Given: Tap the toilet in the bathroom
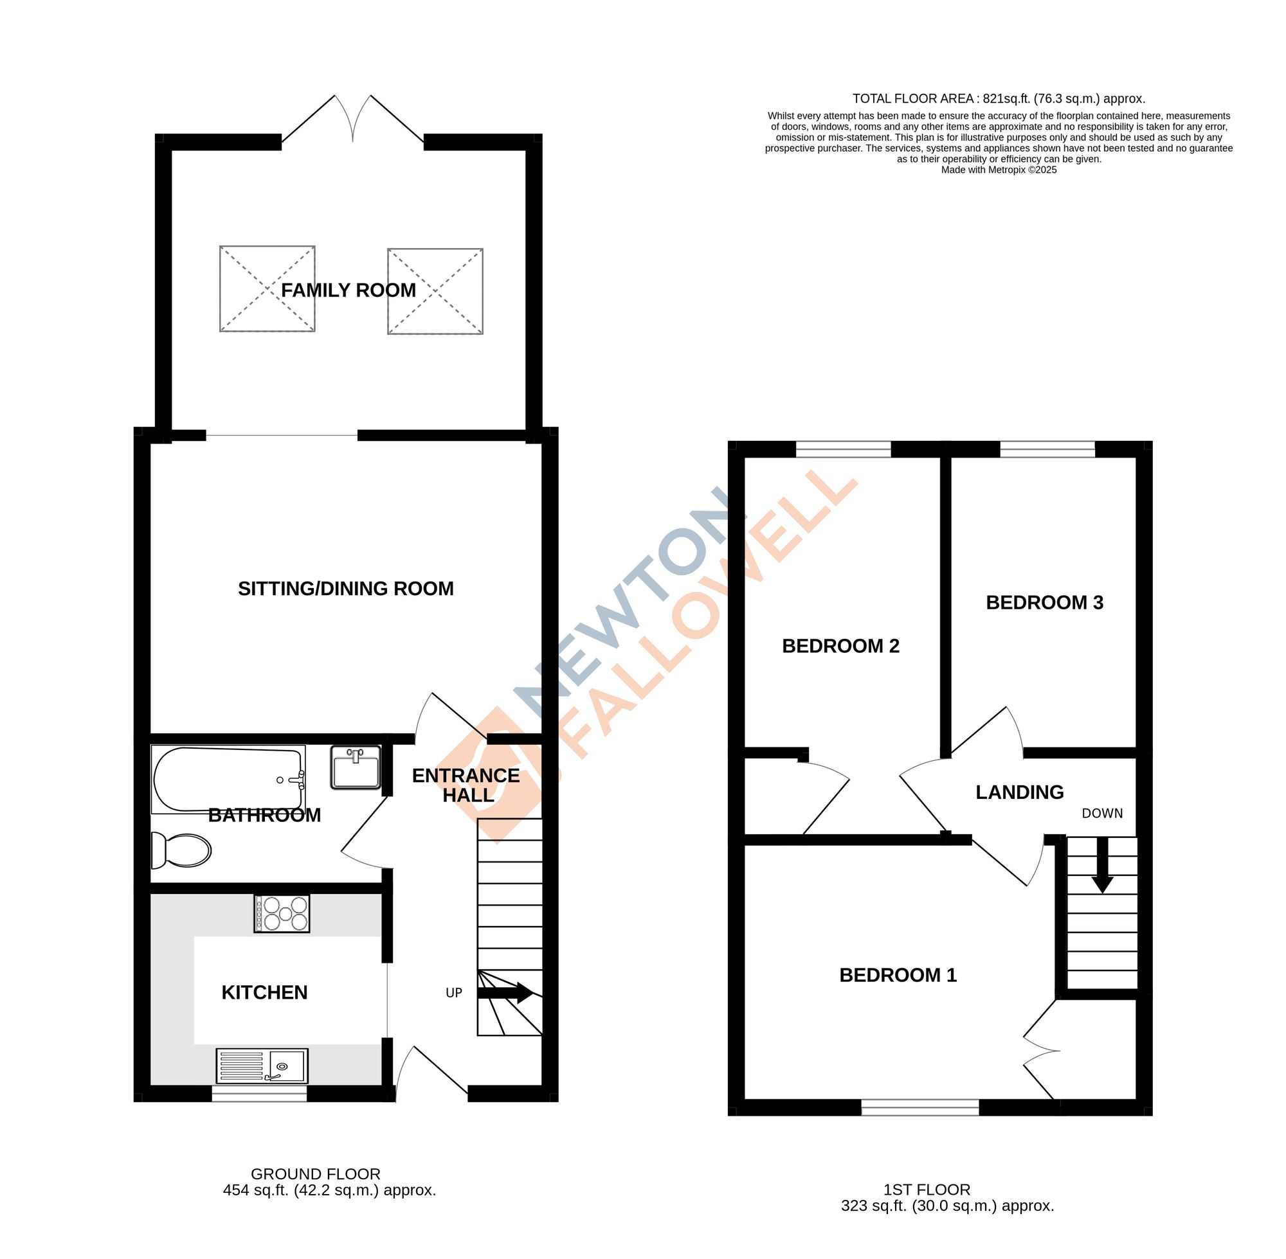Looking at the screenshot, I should pyautogui.click(x=183, y=850).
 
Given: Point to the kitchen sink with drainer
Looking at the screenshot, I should pyautogui.click(x=261, y=1066).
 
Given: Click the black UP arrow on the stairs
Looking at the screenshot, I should pyautogui.click(x=505, y=992).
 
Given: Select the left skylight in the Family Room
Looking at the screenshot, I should pyautogui.click(x=267, y=289).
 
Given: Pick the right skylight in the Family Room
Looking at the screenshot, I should pyautogui.click(x=435, y=291).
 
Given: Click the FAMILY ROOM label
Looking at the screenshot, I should pyautogui.click(x=348, y=290).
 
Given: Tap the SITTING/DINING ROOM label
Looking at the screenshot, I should pyautogui.click(x=345, y=589).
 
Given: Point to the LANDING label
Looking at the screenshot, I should pyautogui.click(x=1019, y=792).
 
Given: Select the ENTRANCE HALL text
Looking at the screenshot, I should pyautogui.click(x=466, y=785).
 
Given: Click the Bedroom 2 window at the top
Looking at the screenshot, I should pyautogui.click(x=843, y=450).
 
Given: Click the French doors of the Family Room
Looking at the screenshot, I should pyautogui.click(x=352, y=122).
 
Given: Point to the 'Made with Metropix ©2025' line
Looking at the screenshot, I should pyautogui.click(x=998, y=170).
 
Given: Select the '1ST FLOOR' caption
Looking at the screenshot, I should pyautogui.click(x=926, y=1190).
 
